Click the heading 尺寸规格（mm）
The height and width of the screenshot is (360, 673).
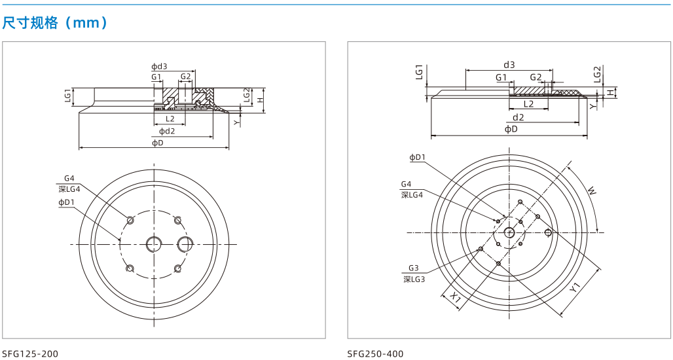point(55,22)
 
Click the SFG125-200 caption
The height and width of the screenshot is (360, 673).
point(30,354)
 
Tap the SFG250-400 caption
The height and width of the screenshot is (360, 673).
point(376,354)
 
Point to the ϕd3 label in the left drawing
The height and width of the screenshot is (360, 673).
point(159,67)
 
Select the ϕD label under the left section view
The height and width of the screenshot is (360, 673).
point(158,143)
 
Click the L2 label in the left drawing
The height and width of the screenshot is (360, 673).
point(170,119)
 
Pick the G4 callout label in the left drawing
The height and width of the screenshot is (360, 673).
point(69,178)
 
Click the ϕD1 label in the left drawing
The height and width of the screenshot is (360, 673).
point(67,202)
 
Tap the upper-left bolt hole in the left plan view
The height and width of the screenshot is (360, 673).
point(130,220)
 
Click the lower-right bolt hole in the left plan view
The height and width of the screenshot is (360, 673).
point(177,268)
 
